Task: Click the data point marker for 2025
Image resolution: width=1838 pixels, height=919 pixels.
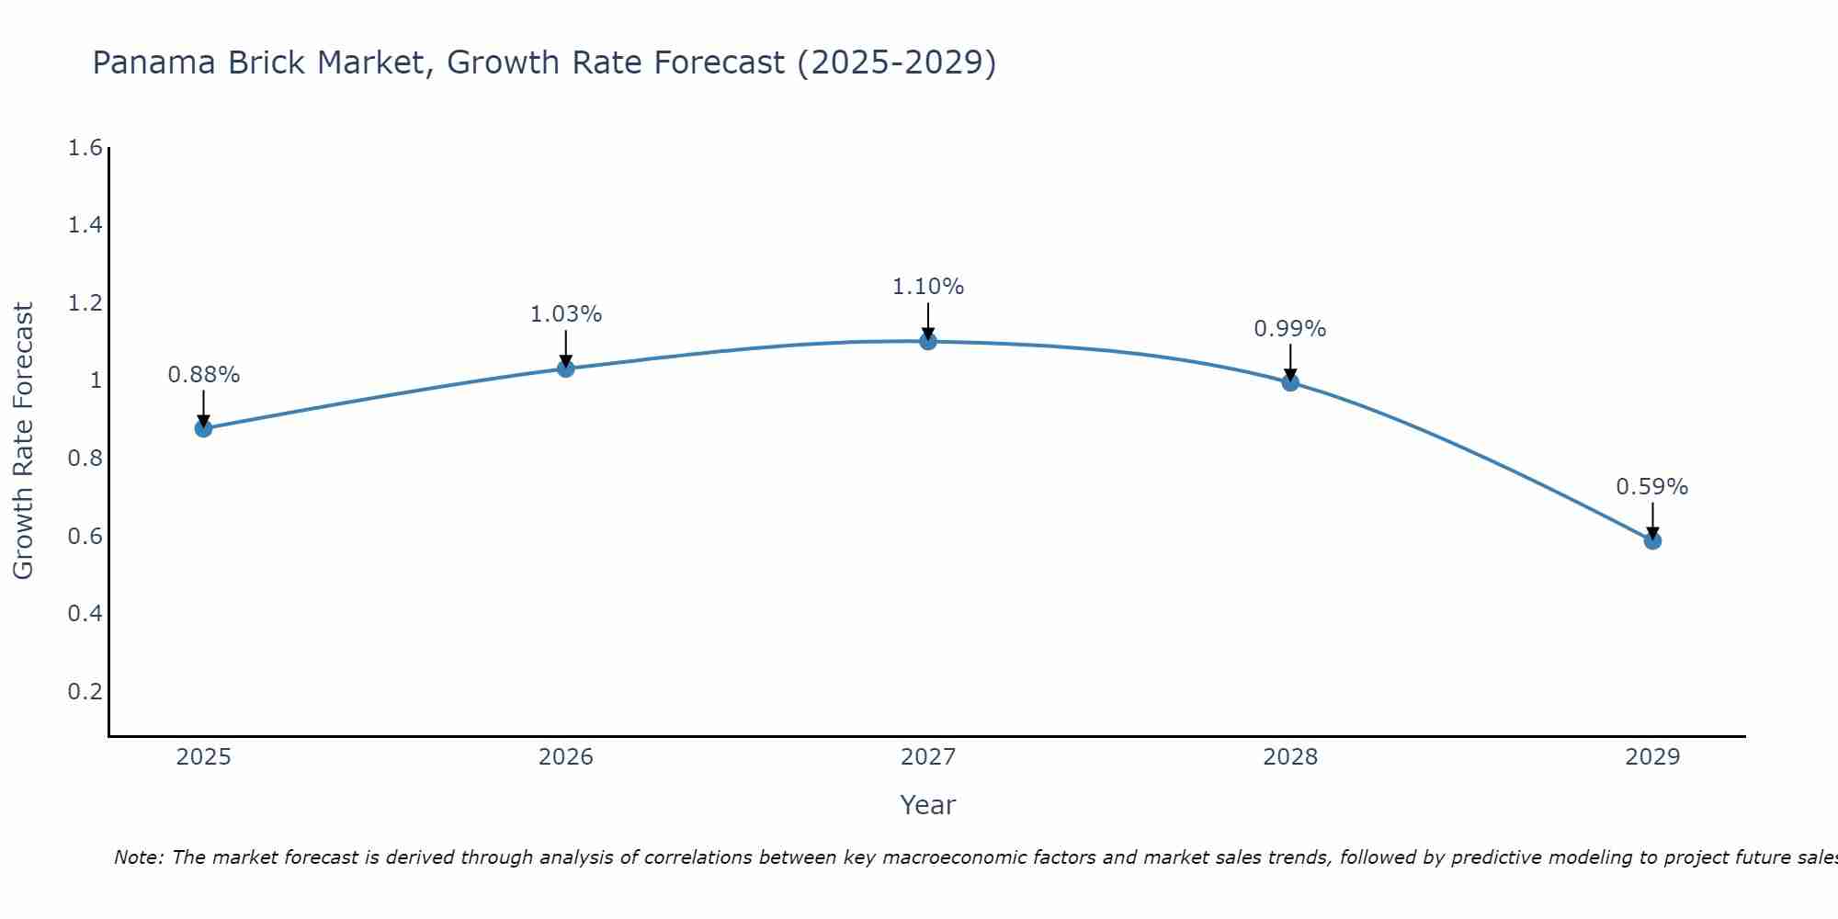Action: click(203, 428)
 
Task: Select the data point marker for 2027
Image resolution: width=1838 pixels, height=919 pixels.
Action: click(928, 341)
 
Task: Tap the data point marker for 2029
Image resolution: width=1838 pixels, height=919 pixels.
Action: click(1652, 540)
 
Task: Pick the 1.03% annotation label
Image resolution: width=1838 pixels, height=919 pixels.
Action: click(565, 314)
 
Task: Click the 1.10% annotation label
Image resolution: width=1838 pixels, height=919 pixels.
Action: click(928, 287)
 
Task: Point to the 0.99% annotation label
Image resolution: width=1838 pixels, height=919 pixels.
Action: click(1290, 329)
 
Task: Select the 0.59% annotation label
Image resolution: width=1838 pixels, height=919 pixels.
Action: click(1652, 487)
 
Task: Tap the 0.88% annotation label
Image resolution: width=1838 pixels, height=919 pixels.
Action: click(203, 375)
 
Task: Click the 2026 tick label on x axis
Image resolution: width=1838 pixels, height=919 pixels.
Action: click(565, 757)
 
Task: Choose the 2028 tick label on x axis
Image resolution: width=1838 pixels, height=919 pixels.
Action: click(1290, 757)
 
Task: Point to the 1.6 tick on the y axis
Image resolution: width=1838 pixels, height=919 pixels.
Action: click(85, 148)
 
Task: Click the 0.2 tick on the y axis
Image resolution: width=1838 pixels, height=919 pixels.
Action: click(85, 691)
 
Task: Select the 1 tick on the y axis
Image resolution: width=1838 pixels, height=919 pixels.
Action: click(95, 380)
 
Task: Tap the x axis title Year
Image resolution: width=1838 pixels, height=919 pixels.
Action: click(928, 805)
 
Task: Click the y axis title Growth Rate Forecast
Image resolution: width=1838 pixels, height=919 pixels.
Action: click(23, 440)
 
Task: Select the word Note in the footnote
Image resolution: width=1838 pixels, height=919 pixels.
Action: click(138, 857)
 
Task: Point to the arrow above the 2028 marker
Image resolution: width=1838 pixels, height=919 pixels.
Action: click(1290, 362)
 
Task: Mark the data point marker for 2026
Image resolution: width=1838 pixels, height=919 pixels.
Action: click(565, 369)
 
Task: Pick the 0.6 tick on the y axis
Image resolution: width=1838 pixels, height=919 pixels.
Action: click(85, 536)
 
